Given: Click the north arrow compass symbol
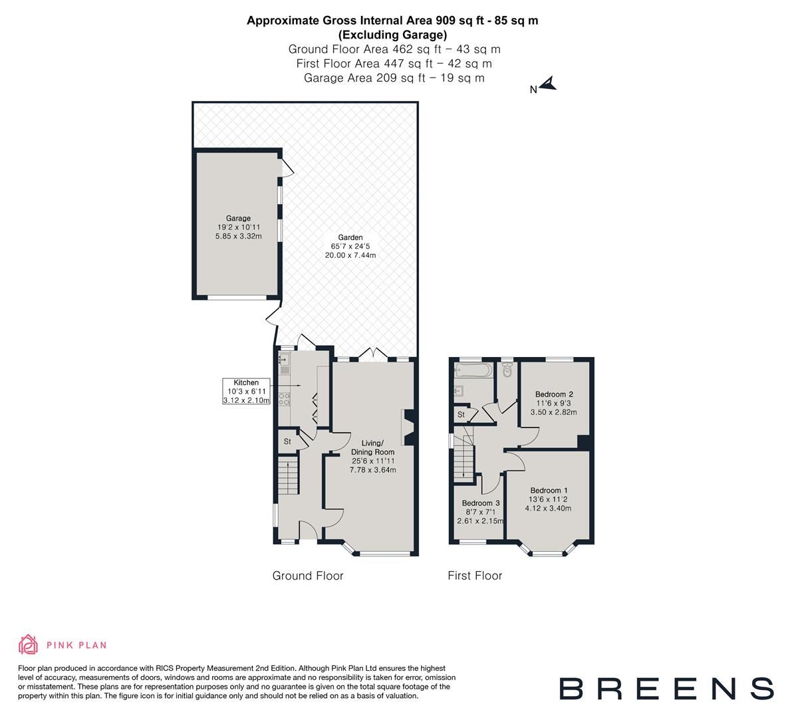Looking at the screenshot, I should (x=549, y=84).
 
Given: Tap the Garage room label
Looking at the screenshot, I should (x=238, y=218).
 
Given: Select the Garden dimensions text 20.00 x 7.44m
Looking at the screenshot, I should (x=350, y=255).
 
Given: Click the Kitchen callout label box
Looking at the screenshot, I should (x=246, y=392).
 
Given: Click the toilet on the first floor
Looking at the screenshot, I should (x=508, y=370).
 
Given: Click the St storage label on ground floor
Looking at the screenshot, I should (x=288, y=441).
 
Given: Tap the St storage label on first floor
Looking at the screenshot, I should (x=461, y=415).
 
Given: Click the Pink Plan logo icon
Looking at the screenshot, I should (x=29, y=644).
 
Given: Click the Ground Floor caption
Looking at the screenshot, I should (x=308, y=576).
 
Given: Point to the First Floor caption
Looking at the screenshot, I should (x=475, y=576).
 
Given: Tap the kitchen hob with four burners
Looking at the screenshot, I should (x=285, y=400).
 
